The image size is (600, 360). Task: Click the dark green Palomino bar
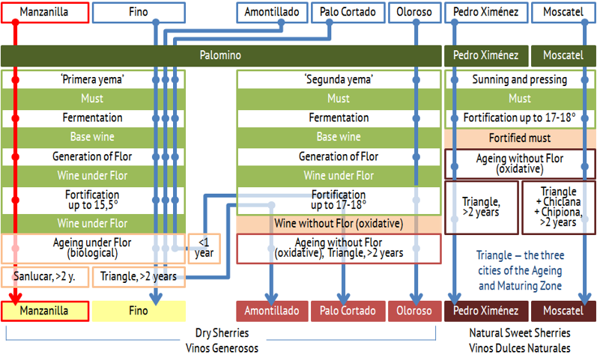(x=221, y=55)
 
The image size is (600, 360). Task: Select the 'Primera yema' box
(x=93, y=79)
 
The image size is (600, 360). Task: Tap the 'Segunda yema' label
(x=339, y=79)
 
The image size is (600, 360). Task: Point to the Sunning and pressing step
(x=520, y=79)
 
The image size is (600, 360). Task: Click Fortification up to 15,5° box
(x=93, y=200)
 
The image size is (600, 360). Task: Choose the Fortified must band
(x=520, y=138)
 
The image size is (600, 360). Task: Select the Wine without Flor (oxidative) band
(x=339, y=224)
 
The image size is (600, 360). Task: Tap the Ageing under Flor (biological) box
(x=93, y=248)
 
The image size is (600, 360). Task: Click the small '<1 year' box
(x=204, y=248)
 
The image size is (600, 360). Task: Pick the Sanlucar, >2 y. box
(x=45, y=277)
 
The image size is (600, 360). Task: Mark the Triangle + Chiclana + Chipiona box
(x=559, y=207)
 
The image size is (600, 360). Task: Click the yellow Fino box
(x=139, y=311)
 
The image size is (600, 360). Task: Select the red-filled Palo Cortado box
(x=348, y=311)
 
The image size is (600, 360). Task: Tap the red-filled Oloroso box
(x=414, y=311)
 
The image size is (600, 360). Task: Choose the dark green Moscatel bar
(x=563, y=55)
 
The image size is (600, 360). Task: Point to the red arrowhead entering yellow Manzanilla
(x=15, y=299)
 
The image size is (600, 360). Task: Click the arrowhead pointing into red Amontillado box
(x=271, y=299)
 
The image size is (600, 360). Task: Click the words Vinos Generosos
(x=222, y=349)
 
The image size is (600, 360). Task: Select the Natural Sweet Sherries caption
(x=520, y=333)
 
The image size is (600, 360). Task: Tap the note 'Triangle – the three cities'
(x=521, y=271)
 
